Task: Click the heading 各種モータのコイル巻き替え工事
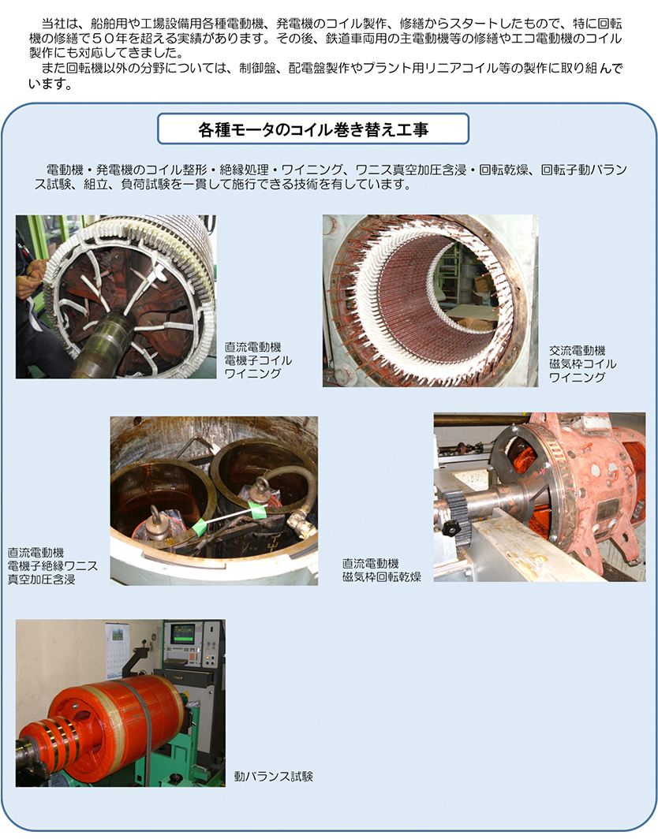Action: (313, 129)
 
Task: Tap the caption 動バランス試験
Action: (273, 777)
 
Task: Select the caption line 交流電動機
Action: (578, 351)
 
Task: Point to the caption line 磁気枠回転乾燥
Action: (382, 577)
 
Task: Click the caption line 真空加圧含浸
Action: (41, 580)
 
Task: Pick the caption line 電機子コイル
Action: (258, 360)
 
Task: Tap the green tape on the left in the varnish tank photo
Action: (199, 528)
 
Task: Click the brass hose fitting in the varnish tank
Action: (301, 522)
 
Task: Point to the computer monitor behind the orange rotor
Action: (182, 634)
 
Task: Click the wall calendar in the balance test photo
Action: (115, 650)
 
